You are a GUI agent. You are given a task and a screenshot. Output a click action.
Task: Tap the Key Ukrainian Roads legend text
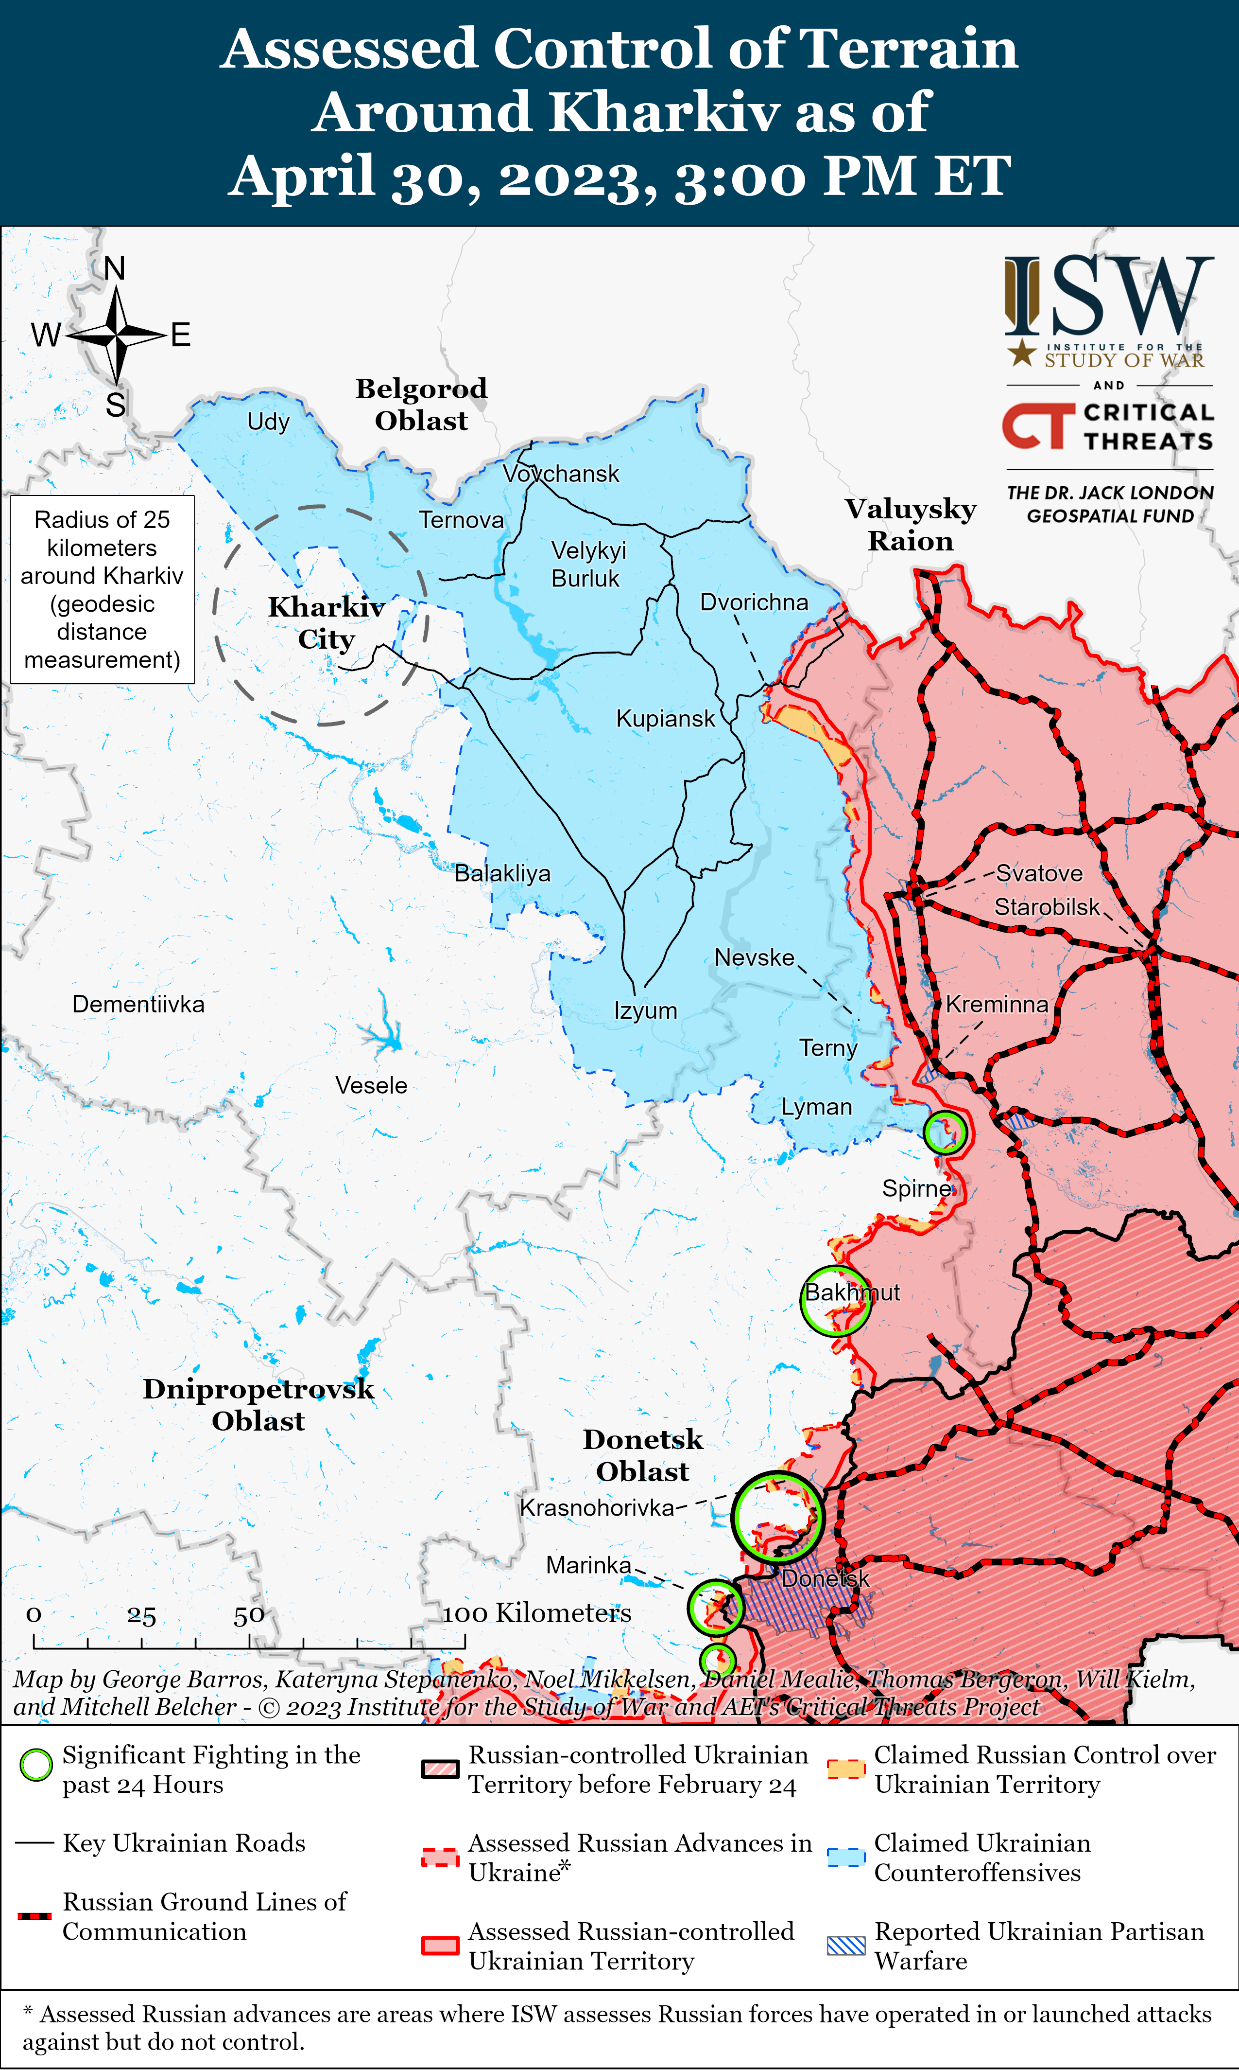click(184, 1843)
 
